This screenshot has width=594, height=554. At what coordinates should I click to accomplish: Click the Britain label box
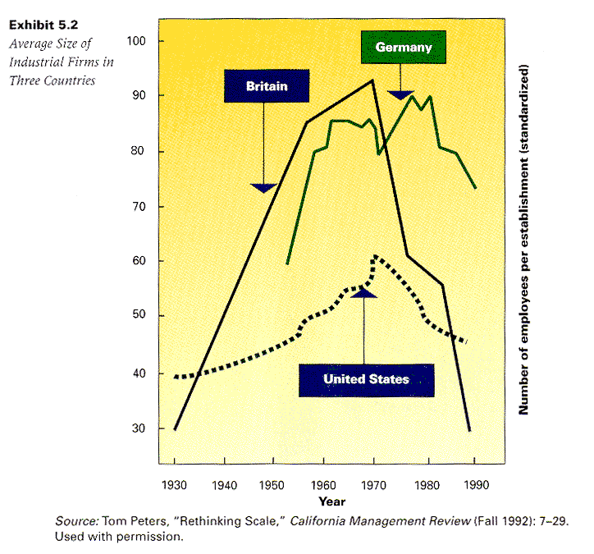[x=266, y=85]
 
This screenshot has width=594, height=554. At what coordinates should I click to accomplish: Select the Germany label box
[x=403, y=48]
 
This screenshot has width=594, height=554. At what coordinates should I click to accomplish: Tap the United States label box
[x=366, y=379]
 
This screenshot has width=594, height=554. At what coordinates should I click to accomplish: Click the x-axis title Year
[x=331, y=501]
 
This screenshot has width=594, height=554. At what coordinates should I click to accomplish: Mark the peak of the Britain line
[x=373, y=80]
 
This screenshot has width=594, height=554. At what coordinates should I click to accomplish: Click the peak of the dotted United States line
[x=375, y=257]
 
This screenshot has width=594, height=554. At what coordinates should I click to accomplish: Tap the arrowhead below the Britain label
[x=263, y=188]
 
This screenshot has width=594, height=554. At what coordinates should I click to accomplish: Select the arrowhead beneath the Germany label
[x=400, y=95]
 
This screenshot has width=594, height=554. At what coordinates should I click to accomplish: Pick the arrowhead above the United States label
[x=363, y=292]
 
